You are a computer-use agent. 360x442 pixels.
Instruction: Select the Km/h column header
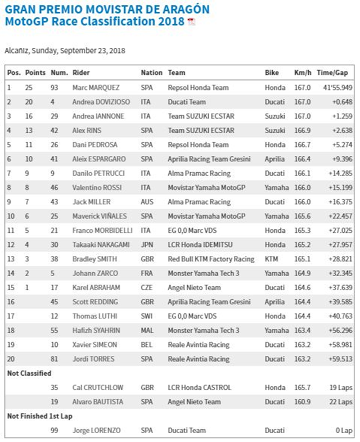302,73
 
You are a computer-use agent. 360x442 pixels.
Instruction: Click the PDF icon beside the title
191,22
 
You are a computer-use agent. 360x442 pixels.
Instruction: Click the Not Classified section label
29,373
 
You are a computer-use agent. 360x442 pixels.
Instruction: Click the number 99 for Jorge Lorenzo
55,430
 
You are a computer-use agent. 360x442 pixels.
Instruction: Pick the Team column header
176,73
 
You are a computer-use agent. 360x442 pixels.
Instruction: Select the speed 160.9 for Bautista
302,402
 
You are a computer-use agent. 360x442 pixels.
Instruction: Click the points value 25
29,88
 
